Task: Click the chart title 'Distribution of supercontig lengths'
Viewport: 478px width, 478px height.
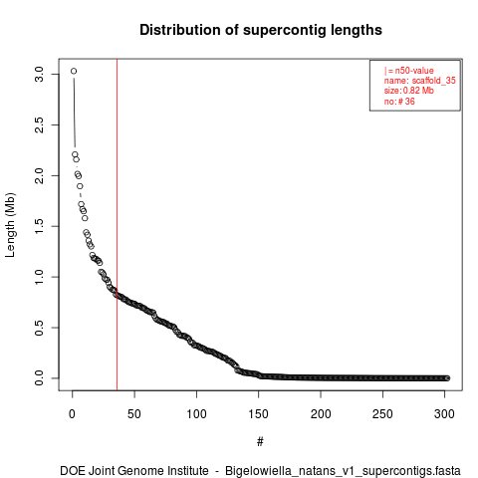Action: point(261,30)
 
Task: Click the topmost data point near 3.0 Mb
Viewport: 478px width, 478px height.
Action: point(74,71)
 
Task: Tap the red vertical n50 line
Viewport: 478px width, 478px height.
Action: point(117,225)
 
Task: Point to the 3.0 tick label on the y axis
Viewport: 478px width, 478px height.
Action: point(39,74)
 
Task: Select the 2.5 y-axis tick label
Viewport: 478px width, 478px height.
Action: point(39,124)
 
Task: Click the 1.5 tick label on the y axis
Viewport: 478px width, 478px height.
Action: point(39,226)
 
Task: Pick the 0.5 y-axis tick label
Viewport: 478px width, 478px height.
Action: point(39,328)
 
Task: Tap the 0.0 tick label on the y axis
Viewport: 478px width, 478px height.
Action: point(39,378)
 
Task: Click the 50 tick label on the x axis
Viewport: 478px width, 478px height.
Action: point(134,414)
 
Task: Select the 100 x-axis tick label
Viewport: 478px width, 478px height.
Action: point(196,414)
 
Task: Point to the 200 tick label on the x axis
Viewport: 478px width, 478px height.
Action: point(321,414)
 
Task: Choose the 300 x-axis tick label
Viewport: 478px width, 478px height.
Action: point(444,414)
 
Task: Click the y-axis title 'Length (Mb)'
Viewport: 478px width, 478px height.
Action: point(10,225)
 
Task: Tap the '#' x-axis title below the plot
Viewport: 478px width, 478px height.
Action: point(260,442)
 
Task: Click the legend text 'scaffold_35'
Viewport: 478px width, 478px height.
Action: point(434,81)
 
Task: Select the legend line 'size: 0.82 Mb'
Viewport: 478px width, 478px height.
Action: point(409,91)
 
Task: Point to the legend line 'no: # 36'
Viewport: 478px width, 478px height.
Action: point(399,101)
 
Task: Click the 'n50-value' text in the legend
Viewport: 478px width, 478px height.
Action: point(414,71)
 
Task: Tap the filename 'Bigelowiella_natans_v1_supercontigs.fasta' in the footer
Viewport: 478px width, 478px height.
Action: point(343,471)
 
